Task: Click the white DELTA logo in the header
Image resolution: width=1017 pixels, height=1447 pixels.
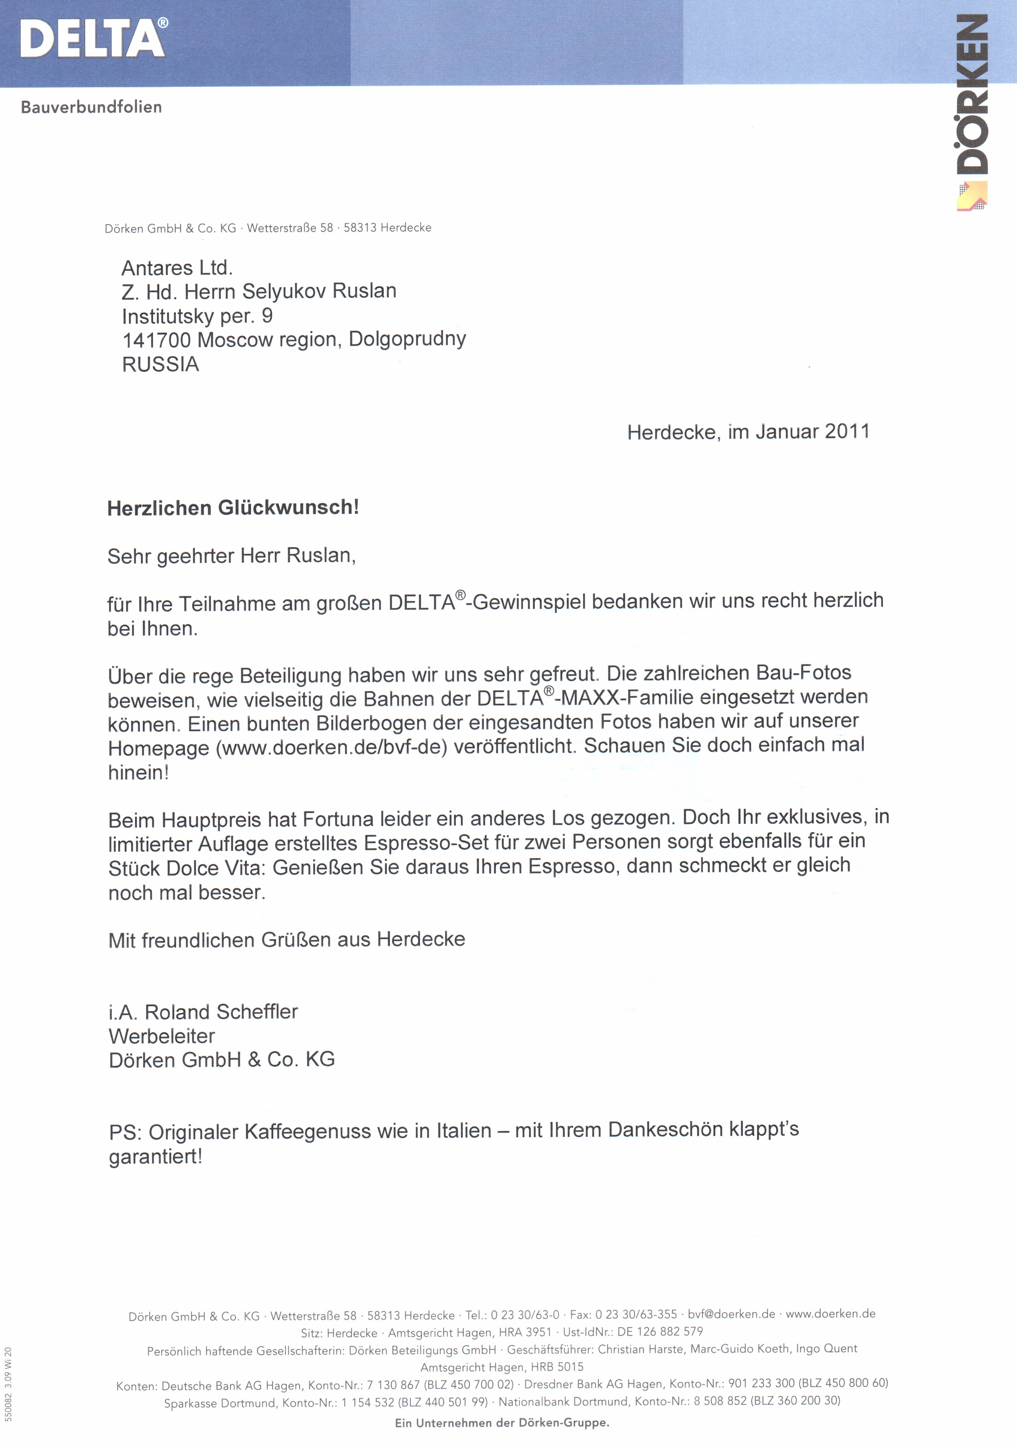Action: click(94, 38)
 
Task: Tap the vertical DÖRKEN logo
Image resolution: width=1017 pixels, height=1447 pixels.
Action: click(972, 95)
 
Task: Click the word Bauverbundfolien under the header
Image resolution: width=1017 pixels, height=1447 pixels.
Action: click(91, 107)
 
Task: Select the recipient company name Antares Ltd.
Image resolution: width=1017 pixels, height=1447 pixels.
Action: click(177, 268)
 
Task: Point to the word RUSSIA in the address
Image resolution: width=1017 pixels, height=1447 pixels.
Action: click(161, 364)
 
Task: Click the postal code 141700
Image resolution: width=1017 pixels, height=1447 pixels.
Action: click(157, 340)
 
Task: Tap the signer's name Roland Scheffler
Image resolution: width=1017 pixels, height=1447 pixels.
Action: click(221, 1012)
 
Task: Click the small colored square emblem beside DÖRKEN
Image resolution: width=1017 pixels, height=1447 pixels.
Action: click(971, 196)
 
